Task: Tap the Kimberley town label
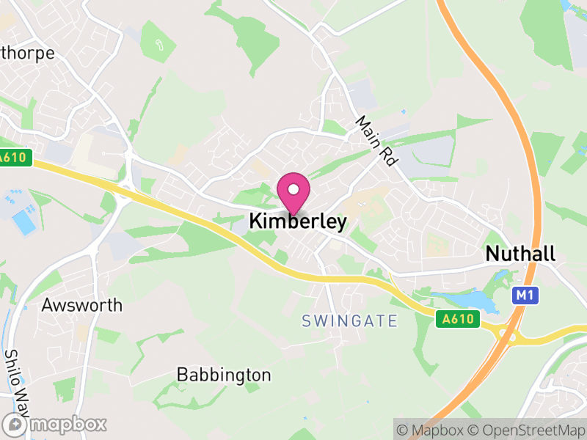(297, 221)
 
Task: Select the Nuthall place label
(520, 254)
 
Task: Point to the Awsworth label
(82, 305)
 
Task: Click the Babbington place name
(224, 375)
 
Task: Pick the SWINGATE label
(349, 321)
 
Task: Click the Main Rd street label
(375, 140)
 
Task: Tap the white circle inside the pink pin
(293, 189)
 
